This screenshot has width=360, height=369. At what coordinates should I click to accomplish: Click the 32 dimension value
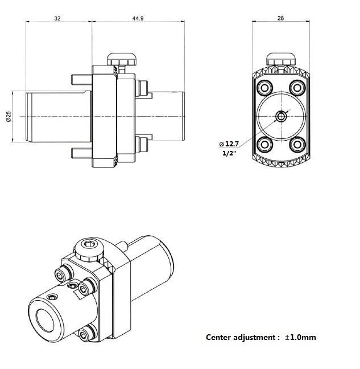coord(57,18)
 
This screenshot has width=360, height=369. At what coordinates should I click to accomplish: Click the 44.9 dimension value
coord(138,18)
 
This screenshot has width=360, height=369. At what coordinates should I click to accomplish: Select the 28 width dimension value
coord(280,18)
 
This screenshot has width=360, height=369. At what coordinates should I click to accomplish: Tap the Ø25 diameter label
coord(9,117)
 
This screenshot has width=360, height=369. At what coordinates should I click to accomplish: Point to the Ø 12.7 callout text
coord(229,144)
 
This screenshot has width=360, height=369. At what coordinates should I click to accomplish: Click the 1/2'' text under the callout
coord(229,153)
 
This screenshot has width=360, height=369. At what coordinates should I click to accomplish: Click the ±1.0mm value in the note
coord(300,337)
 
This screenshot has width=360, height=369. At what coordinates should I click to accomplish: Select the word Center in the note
coord(218,337)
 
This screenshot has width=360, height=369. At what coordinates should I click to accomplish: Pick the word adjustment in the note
coord(255,338)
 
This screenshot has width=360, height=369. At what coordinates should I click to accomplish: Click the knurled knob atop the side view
coord(122,60)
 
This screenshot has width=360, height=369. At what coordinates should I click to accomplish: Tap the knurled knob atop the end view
coord(280,59)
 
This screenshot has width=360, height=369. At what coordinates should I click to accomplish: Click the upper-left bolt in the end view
coord(265,88)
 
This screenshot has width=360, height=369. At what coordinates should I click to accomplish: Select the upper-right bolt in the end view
coord(297,88)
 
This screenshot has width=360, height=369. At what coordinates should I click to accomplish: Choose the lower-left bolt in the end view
coord(265,145)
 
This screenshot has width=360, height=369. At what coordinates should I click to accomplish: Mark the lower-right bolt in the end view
coord(297,145)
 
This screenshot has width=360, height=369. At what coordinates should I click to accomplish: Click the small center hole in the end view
coord(281,117)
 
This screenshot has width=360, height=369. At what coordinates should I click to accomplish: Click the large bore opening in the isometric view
coord(45,321)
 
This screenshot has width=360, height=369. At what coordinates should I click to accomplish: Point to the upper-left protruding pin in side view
coord(81,80)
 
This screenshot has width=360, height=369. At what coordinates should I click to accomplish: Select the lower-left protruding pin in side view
coord(81,153)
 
